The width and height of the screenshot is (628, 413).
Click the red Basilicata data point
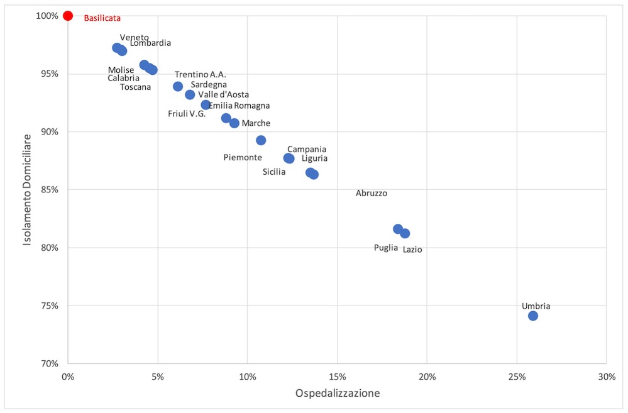click(x=68, y=16)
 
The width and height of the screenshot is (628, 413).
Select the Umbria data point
click(x=533, y=316)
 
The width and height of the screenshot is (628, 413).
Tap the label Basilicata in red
click(x=102, y=18)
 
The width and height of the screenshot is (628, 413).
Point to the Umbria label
click(x=536, y=306)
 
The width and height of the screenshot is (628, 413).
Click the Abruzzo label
click(x=372, y=194)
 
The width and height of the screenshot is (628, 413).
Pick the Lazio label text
click(x=412, y=250)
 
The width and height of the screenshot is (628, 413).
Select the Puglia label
click(x=386, y=248)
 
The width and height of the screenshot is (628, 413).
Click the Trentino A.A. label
click(x=201, y=74)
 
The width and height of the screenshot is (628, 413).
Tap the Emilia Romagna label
click(x=240, y=106)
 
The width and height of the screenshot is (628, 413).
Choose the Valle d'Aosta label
click(x=223, y=94)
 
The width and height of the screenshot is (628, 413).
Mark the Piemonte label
click(x=243, y=157)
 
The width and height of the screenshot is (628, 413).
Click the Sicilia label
click(x=274, y=172)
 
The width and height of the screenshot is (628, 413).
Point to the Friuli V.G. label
click(x=187, y=114)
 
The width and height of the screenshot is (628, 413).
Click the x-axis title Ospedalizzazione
click(x=337, y=394)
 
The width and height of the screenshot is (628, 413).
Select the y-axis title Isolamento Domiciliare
click(x=27, y=189)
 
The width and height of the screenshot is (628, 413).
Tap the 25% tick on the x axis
click(x=517, y=377)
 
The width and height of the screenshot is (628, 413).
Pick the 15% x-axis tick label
click(x=337, y=377)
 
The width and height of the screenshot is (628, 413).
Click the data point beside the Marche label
click(x=234, y=123)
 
